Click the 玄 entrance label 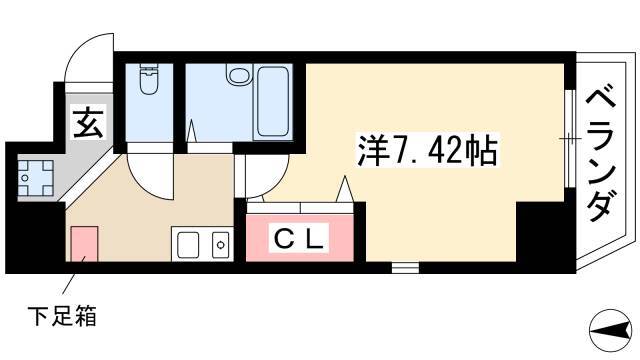(89, 122)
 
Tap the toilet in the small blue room (149, 79)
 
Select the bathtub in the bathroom (273, 102)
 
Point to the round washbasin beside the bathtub (239, 75)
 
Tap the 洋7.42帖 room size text (428, 150)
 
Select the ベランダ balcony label (601, 156)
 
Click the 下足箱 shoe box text (62, 316)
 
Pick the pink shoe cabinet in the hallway (84, 244)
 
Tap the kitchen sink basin (187, 244)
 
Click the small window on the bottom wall (405, 267)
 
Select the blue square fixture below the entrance (36, 178)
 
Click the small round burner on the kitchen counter (221, 244)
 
